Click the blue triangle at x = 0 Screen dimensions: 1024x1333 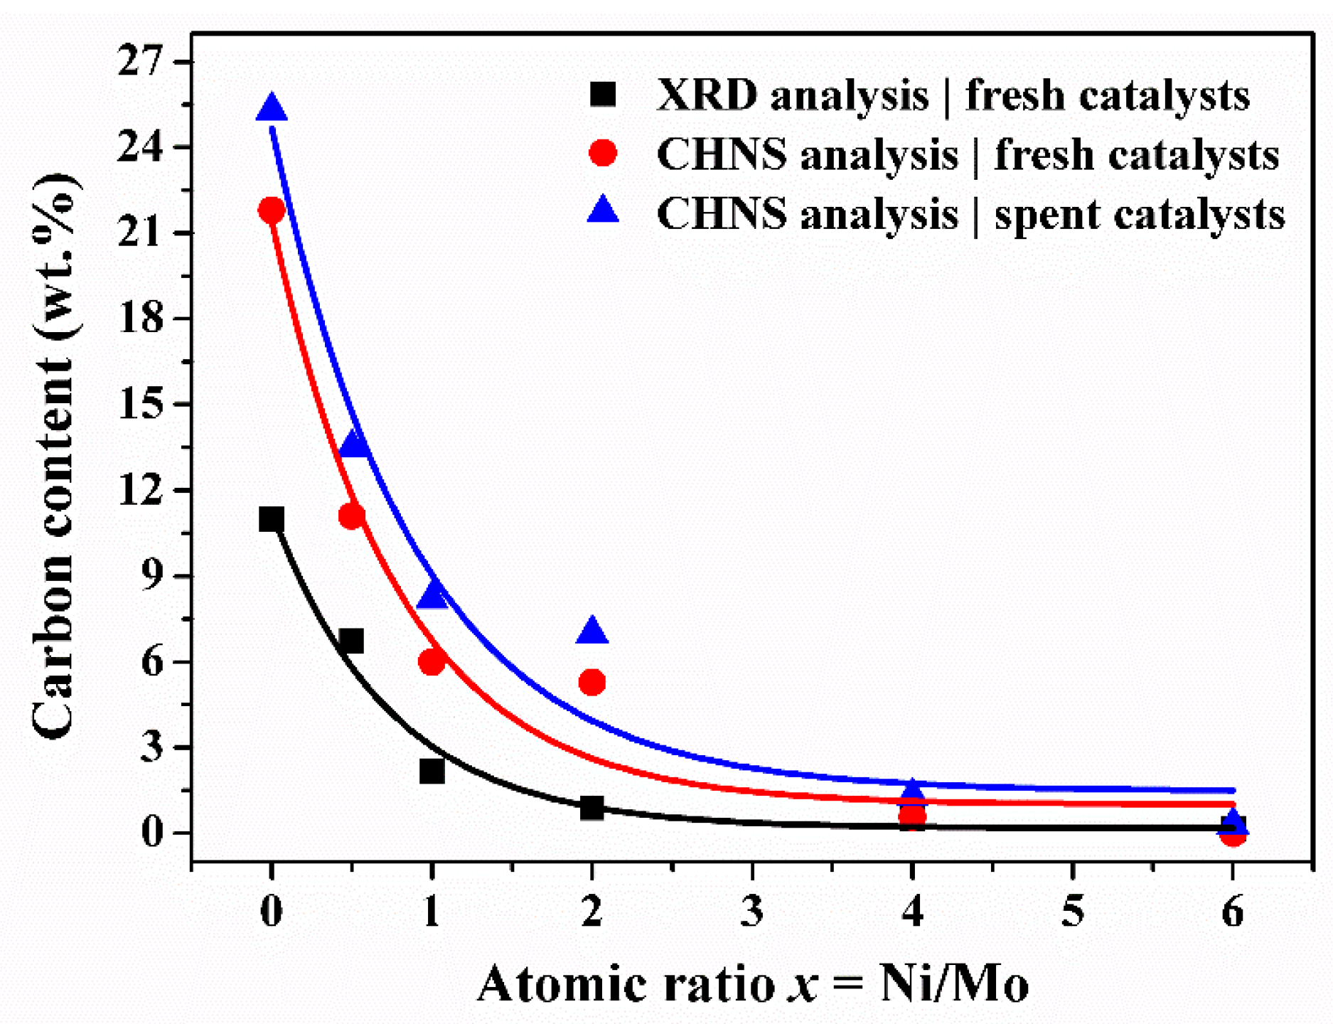pyautogui.click(x=272, y=109)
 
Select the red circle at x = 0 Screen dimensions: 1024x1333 pyautogui.click(x=272, y=210)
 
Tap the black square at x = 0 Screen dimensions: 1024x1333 pyautogui.click(x=272, y=520)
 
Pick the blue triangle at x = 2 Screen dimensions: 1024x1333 pyautogui.click(x=592, y=631)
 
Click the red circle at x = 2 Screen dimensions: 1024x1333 pyautogui.click(x=592, y=683)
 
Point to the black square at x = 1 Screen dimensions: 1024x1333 pyautogui.click(x=432, y=771)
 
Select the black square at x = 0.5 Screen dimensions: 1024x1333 pyautogui.click(x=351, y=641)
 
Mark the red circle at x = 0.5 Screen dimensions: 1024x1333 pyautogui.click(x=351, y=516)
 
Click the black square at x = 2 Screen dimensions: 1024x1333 pyautogui.click(x=591, y=808)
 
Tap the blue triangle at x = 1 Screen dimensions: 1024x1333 pyautogui.click(x=432, y=594)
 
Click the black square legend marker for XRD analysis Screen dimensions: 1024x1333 pyautogui.click(x=603, y=94)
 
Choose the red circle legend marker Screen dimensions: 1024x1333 pyautogui.click(x=603, y=152)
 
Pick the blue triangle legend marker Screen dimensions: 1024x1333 pyautogui.click(x=603, y=210)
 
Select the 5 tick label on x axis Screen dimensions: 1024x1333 pyautogui.click(x=1073, y=910)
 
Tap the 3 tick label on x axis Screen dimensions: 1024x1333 pyautogui.click(x=752, y=910)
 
